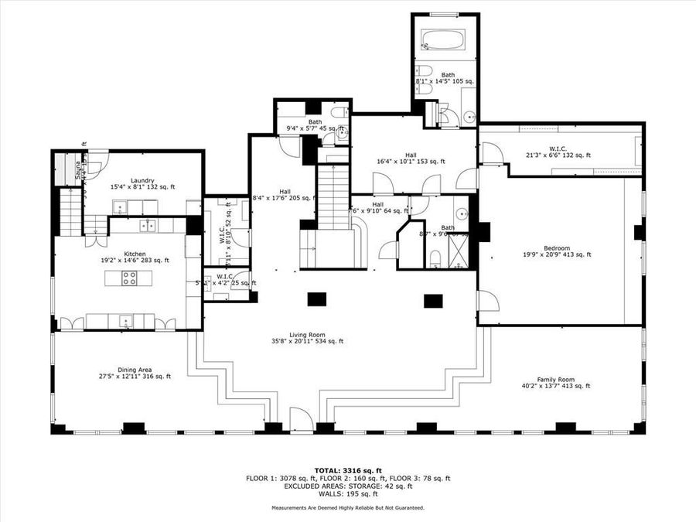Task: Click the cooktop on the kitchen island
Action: (x=129, y=278)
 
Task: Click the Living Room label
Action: (x=307, y=337)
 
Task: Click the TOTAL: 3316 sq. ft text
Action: (x=347, y=470)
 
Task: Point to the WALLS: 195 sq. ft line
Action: (x=347, y=493)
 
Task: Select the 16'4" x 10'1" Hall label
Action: (x=411, y=158)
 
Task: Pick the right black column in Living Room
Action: (x=432, y=300)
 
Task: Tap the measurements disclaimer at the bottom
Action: (x=347, y=508)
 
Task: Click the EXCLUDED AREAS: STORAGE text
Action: (x=347, y=486)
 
